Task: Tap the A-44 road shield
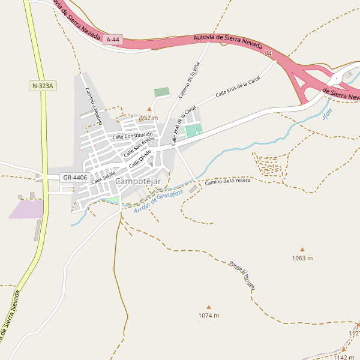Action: pos(112,40)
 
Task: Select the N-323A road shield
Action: pos(42,86)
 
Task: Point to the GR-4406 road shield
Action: pos(75,178)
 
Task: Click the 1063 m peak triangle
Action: pos(302,250)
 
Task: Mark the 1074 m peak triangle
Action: pos(209,307)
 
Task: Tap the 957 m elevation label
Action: pos(149,118)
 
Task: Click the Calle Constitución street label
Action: pos(132,136)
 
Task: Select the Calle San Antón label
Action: pos(135,147)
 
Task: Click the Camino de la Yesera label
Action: pos(227,181)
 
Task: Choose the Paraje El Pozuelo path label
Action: pos(242,275)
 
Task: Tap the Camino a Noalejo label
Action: pos(94,107)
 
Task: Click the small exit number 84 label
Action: pos(268,54)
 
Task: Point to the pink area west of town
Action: pos(26,209)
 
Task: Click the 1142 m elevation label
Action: pos(344,358)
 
